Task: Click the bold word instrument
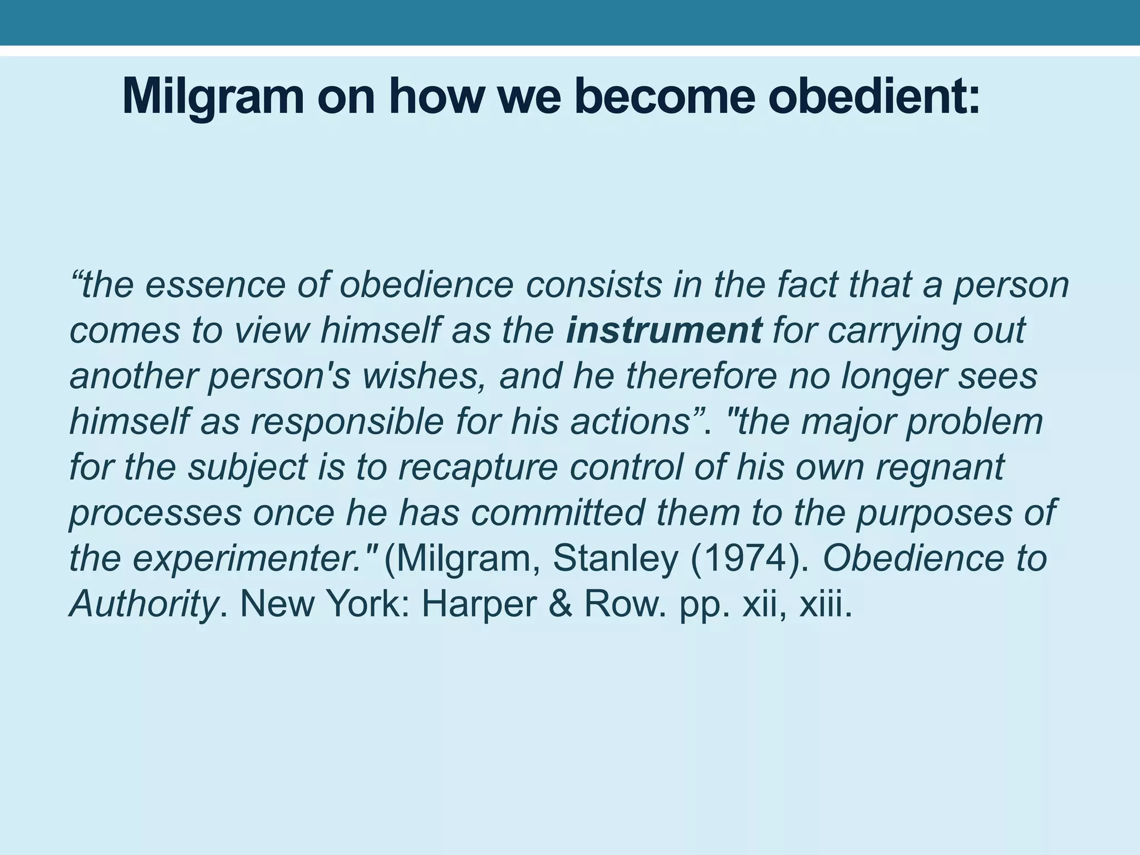click(664, 331)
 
